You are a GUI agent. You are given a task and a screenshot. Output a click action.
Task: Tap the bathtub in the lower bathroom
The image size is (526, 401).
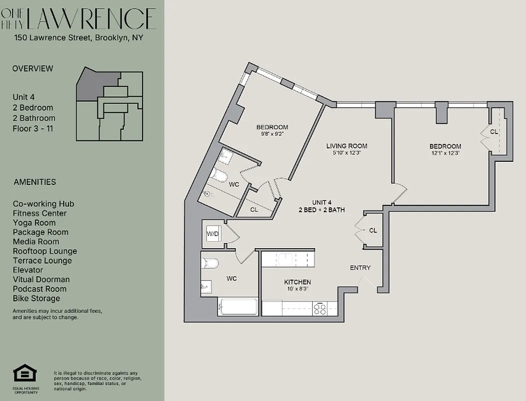pos(238,306)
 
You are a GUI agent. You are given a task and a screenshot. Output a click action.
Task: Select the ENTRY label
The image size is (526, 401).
pos(360,268)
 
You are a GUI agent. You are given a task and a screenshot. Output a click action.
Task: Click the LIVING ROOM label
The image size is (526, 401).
pos(346,146)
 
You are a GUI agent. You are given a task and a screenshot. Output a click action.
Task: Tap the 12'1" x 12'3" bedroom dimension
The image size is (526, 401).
pos(445,153)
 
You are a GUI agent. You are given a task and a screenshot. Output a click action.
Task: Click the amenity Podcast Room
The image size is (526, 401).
pos(40,289)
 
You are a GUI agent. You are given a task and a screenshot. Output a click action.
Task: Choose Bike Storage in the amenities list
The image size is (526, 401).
pos(37,298)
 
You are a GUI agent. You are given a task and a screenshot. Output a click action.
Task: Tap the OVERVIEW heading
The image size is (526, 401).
pos(33,69)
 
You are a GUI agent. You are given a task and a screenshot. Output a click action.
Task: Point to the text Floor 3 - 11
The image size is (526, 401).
pos(33,128)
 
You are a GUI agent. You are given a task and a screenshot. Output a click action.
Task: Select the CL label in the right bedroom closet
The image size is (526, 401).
pos(493,132)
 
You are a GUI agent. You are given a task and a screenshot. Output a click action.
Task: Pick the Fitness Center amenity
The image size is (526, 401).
pos(40,213)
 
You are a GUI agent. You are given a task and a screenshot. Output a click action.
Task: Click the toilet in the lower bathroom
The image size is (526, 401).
pos(210,263)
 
